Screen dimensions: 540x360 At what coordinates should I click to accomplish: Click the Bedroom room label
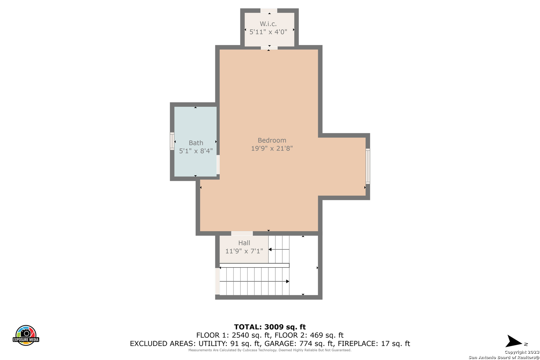pyautogui.click(x=272, y=140)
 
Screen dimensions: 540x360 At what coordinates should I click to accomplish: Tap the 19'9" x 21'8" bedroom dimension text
pyautogui.click(x=272, y=148)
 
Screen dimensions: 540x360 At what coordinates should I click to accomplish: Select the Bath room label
pyautogui.click(x=196, y=143)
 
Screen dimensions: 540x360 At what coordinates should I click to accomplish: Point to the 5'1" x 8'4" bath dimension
pyautogui.click(x=196, y=151)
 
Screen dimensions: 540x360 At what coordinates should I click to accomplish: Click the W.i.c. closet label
pyautogui.click(x=268, y=24)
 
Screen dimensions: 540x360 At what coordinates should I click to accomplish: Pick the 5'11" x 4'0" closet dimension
pyautogui.click(x=268, y=32)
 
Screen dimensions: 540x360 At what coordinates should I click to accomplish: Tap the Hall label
pyautogui.click(x=244, y=243)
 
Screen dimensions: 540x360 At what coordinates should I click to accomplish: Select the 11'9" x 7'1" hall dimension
pyautogui.click(x=244, y=251)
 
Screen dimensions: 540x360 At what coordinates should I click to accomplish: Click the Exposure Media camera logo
pyautogui.click(x=26, y=335)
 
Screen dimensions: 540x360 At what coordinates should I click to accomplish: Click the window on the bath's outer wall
pyautogui.click(x=172, y=141)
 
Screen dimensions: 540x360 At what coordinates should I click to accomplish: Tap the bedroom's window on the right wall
pyautogui.click(x=368, y=166)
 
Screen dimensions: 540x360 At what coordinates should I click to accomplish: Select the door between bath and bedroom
pyautogui.click(x=218, y=164)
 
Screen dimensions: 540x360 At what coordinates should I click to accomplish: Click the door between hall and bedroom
pyautogui.click(x=242, y=233)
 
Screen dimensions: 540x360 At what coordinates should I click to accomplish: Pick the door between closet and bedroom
pyautogui.click(x=269, y=48)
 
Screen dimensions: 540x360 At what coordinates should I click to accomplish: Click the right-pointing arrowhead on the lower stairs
pyautogui.click(x=288, y=281)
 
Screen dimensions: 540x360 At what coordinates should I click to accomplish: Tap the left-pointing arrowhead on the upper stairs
pyautogui.click(x=270, y=250)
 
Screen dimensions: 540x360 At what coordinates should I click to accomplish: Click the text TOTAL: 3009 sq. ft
pyautogui.click(x=270, y=327)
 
